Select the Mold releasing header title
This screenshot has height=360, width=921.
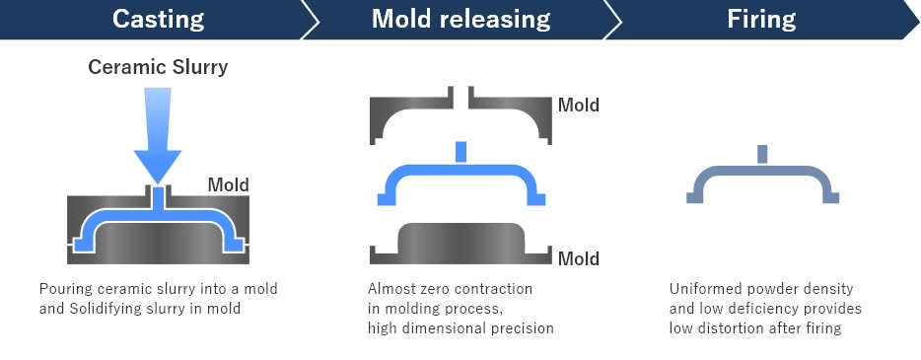(x=460, y=18)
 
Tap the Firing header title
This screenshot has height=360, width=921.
(x=760, y=18)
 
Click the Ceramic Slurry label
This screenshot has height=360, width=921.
(x=158, y=68)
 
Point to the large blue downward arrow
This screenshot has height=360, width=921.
(x=158, y=128)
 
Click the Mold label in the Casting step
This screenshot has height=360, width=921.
(x=228, y=184)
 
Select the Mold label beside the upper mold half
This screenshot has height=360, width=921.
(x=579, y=105)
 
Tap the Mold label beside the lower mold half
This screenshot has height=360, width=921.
(x=579, y=258)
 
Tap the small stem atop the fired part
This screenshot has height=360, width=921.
(x=762, y=153)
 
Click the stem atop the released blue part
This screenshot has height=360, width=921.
(x=460, y=150)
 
